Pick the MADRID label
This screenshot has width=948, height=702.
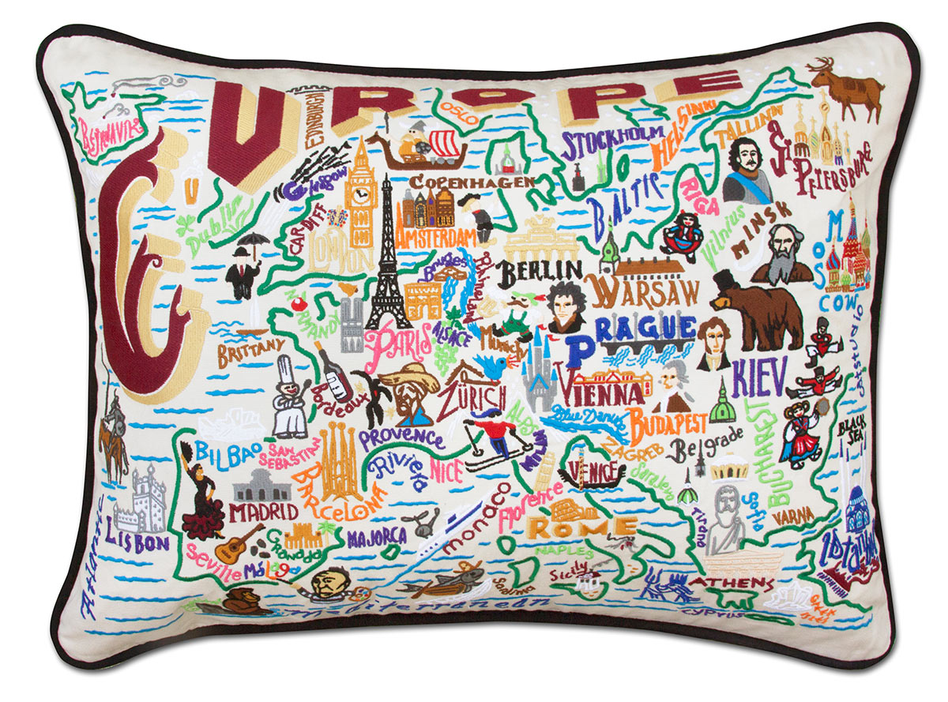click(264, 512)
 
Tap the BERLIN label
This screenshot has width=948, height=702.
click(540, 271)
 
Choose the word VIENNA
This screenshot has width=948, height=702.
click(600, 392)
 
